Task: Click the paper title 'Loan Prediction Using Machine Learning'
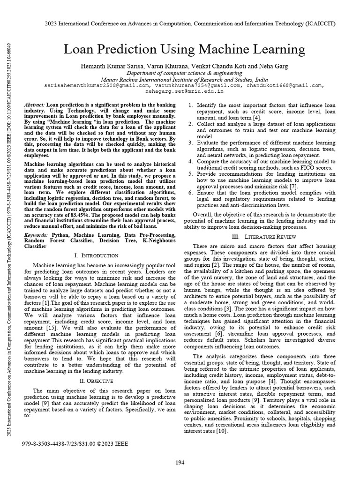(184, 49)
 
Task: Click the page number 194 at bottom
(180, 462)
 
